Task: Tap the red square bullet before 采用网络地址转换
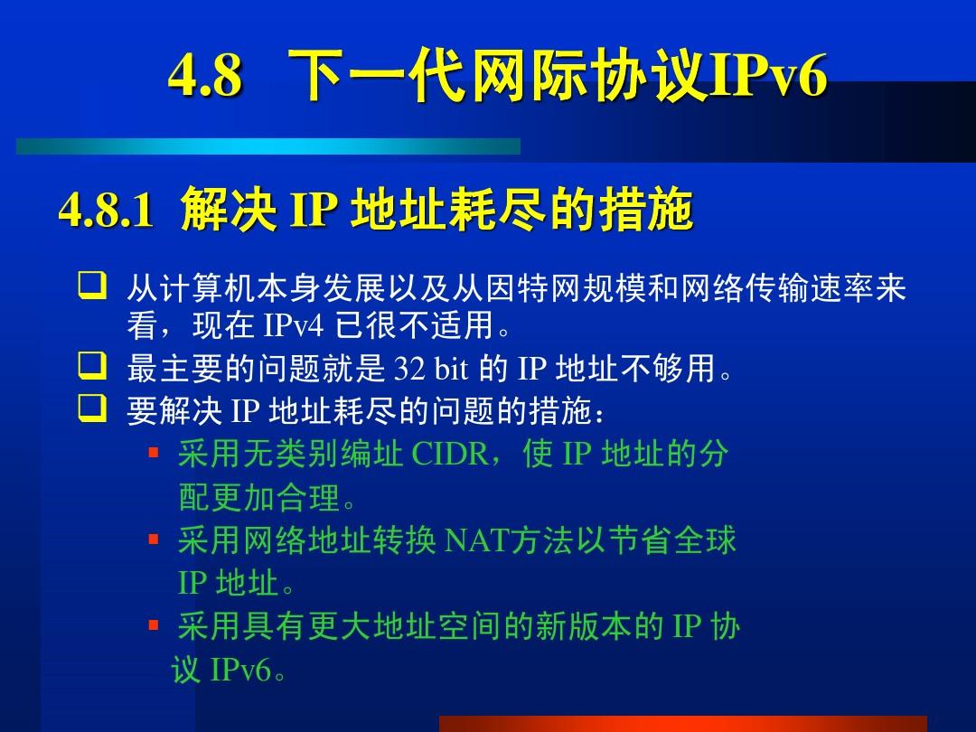click(x=154, y=540)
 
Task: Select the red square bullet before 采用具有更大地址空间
click(x=154, y=626)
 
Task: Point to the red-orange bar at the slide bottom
click(x=682, y=723)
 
